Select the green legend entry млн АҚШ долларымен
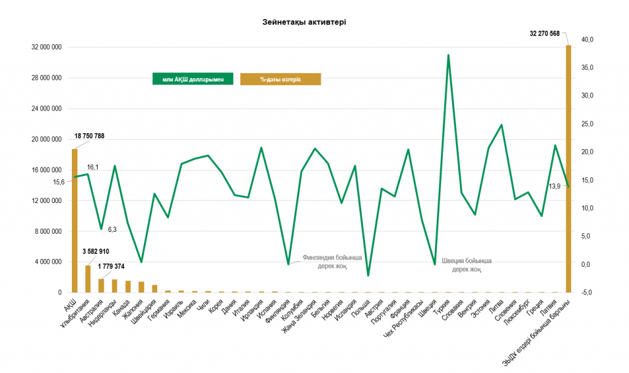pos(193,79)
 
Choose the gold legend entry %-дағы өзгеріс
pos(280,79)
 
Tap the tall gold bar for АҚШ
pos(74,221)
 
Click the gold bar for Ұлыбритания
pos(88,279)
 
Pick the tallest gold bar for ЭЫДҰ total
pos(568,169)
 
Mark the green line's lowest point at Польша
pos(369,275)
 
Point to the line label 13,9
pos(555,186)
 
